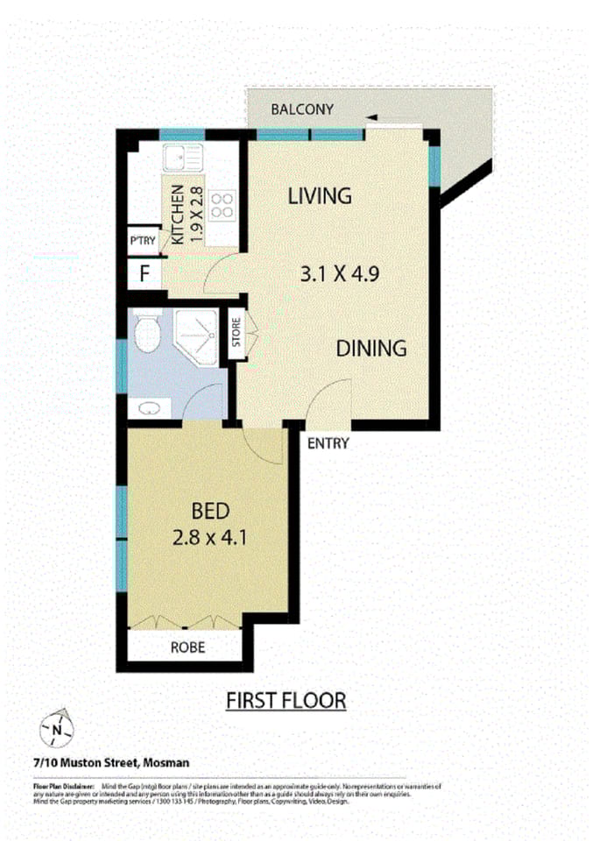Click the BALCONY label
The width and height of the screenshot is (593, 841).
(302, 110)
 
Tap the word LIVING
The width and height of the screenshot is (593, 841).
(320, 195)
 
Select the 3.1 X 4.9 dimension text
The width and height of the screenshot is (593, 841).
(339, 273)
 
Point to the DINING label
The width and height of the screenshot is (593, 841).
(372, 348)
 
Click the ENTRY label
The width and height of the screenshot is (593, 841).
(328, 443)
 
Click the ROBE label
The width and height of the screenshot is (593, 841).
(188, 648)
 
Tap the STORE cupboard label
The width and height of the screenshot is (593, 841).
(236, 332)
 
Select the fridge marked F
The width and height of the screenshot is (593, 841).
(145, 273)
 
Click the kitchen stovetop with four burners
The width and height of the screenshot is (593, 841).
(222, 204)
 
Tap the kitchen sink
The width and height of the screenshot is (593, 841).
(181, 158)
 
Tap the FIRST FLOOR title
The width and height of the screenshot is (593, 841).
(286, 701)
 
